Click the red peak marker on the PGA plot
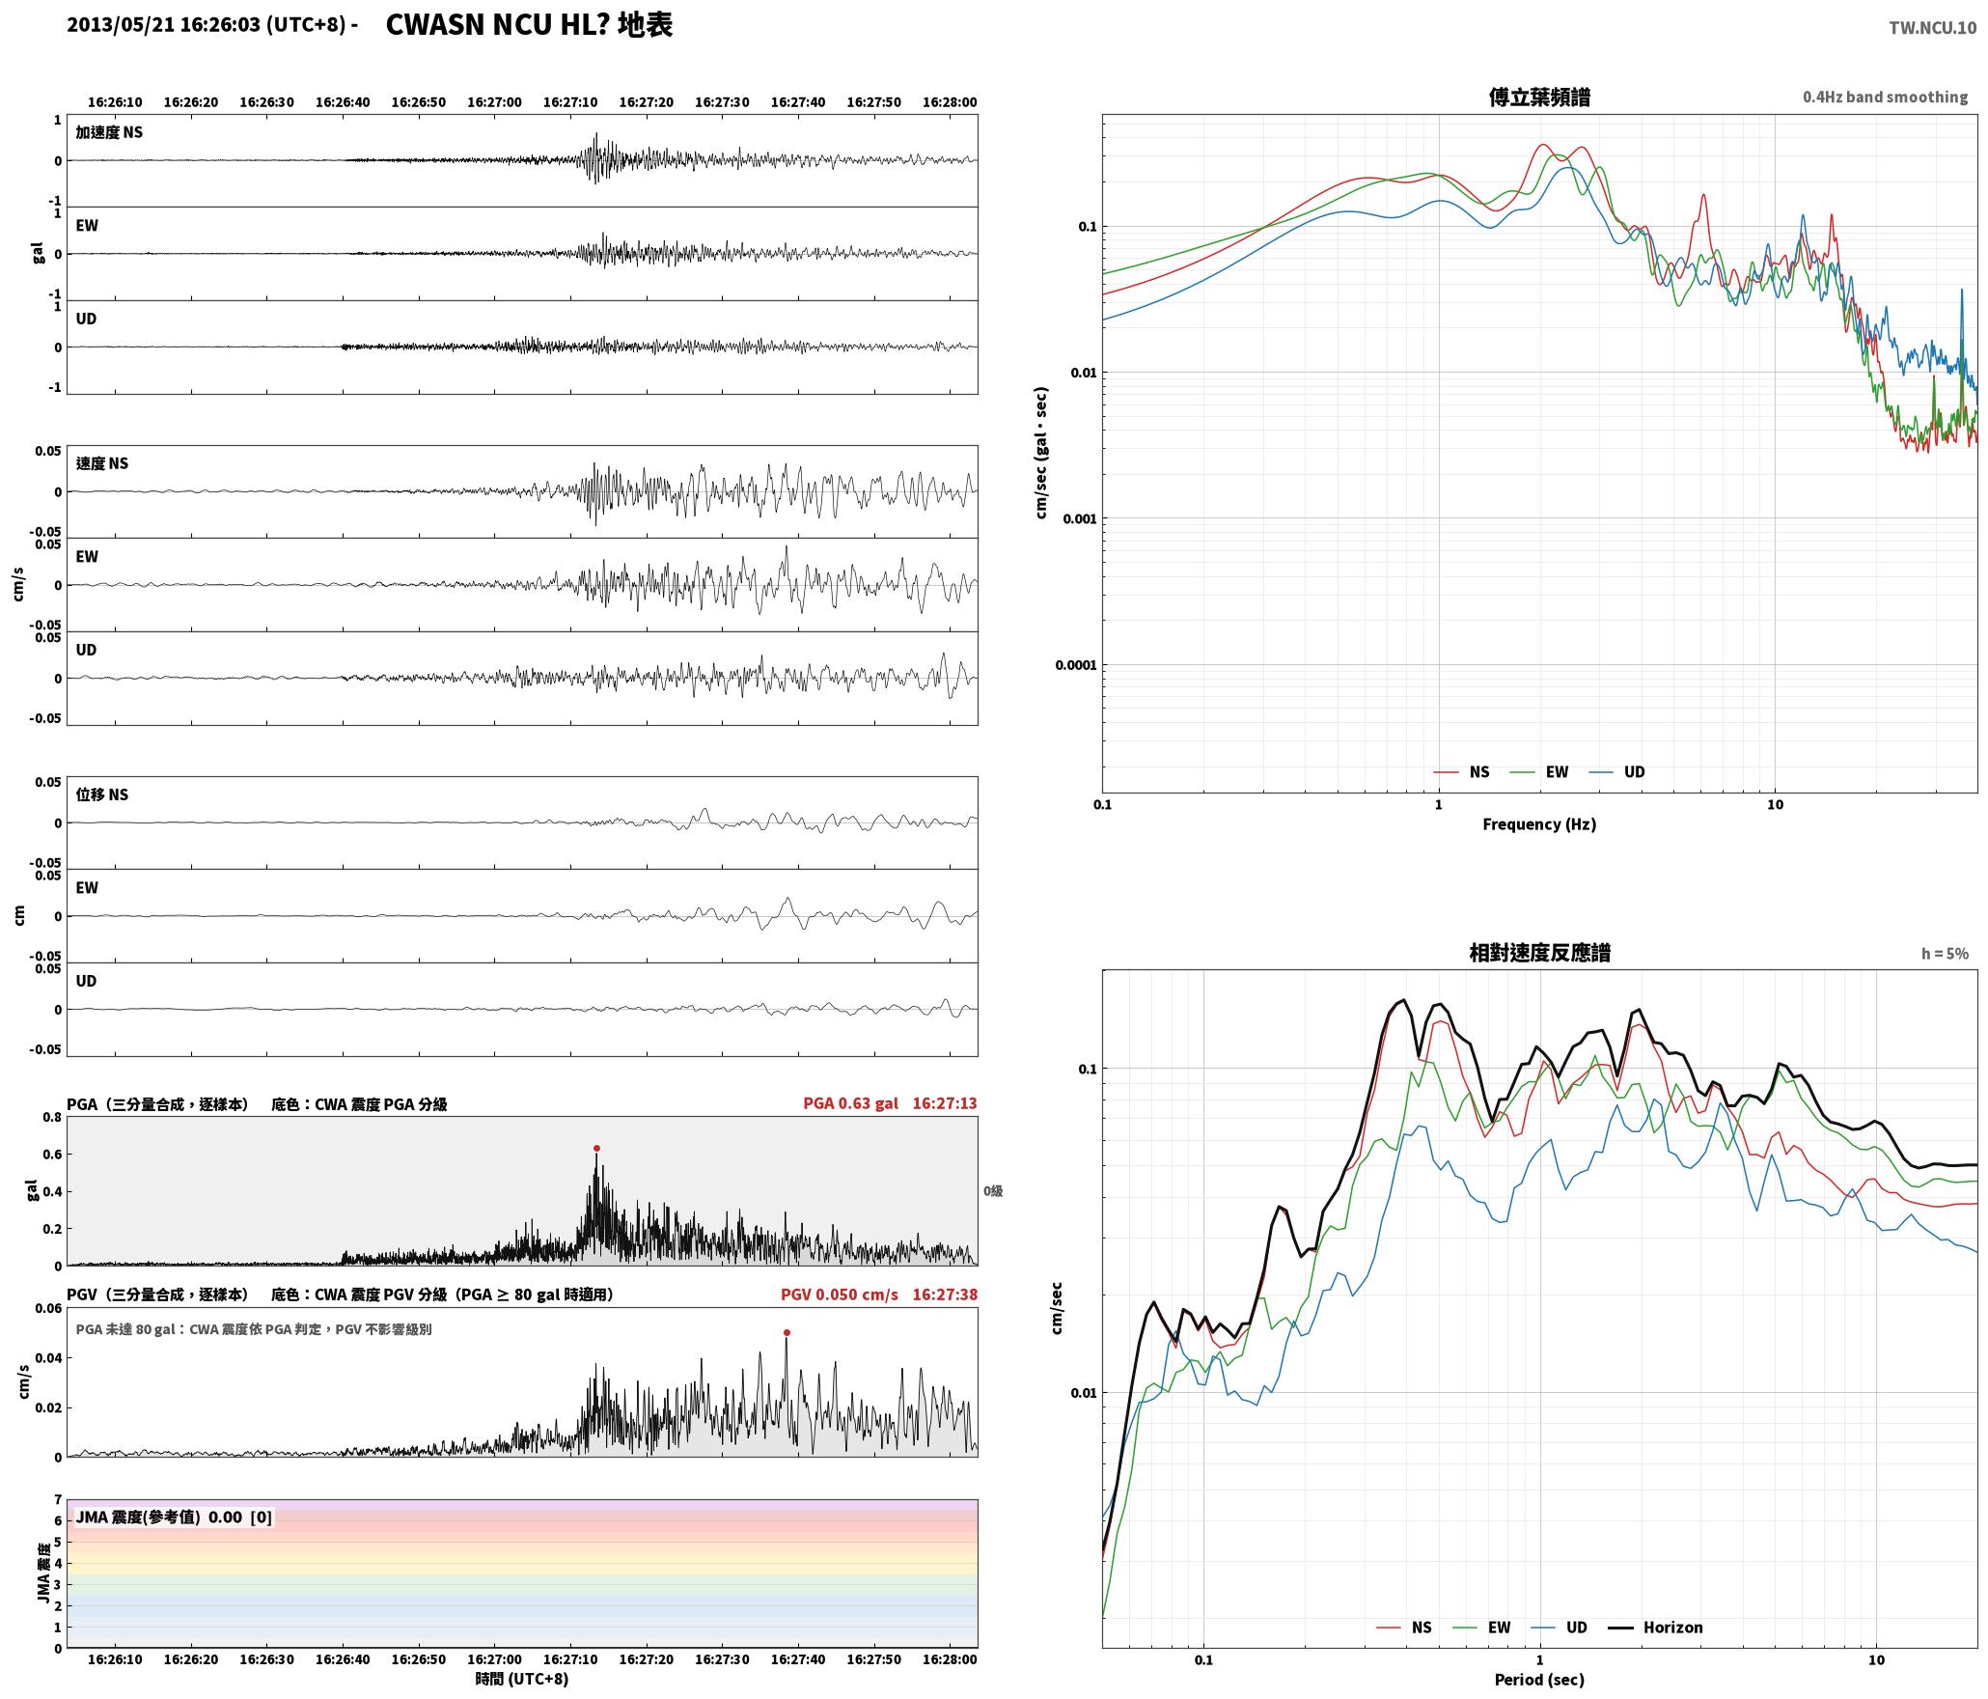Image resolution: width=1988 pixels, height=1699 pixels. [x=596, y=1148]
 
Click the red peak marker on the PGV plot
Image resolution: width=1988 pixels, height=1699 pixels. [x=787, y=1332]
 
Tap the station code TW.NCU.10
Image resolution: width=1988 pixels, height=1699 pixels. [x=1932, y=28]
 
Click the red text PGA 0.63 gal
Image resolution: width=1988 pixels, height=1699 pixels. [x=850, y=1103]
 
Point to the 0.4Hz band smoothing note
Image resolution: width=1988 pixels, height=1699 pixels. [x=1885, y=97]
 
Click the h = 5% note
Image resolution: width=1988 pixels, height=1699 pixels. [x=1945, y=954]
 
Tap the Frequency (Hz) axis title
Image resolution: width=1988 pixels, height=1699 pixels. [x=1539, y=824]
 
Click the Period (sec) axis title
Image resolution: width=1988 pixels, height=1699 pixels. [x=1539, y=1680]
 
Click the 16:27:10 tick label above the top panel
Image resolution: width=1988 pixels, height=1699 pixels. [x=570, y=102]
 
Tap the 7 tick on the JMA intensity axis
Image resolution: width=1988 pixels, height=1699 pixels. [x=58, y=1500]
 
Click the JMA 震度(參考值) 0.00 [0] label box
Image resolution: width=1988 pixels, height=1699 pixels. [x=174, y=1518]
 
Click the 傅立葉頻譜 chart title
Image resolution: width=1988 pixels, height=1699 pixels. [x=1539, y=97]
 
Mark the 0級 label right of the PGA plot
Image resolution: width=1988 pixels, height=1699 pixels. [x=993, y=1191]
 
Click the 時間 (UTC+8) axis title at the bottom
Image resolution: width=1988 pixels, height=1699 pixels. [x=521, y=1680]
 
